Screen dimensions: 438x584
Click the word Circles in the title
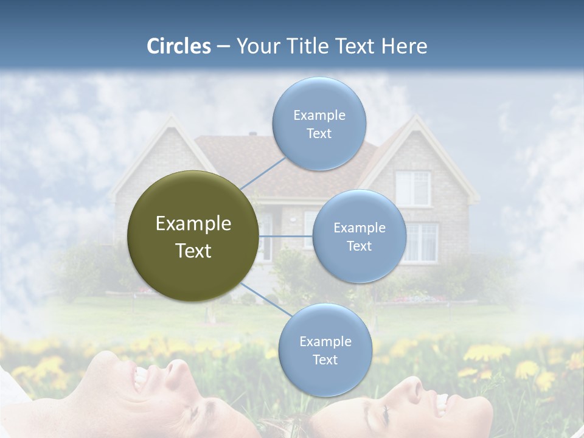point(178,46)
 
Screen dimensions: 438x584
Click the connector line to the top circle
point(263,173)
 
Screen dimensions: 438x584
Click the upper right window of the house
point(413,187)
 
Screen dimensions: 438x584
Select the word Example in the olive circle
point(193,224)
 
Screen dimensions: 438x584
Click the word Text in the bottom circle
point(325,360)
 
